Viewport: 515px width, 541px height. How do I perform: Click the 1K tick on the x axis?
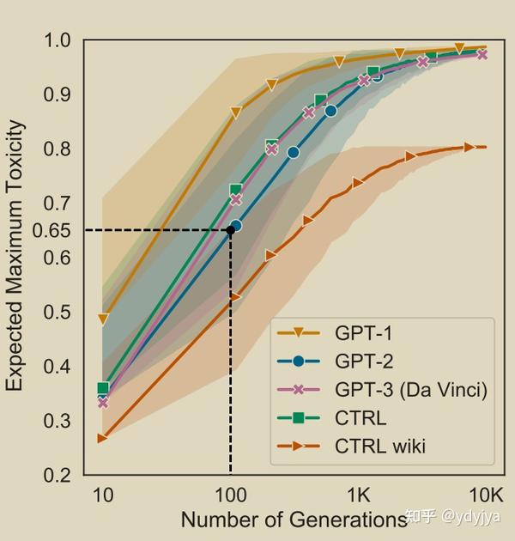[358, 495]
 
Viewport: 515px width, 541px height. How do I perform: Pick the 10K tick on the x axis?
[486, 495]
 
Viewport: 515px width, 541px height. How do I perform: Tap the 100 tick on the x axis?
[230, 495]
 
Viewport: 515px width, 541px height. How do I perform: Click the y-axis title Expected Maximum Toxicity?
[15, 256]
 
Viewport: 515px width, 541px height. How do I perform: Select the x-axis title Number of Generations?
[293, 520]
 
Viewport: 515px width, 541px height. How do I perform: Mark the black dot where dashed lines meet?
[230, 230]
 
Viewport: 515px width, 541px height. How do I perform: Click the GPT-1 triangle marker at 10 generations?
[103, 319]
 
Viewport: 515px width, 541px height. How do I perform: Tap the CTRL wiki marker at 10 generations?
[103, 438]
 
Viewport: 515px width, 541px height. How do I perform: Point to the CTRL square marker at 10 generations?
[103, 388]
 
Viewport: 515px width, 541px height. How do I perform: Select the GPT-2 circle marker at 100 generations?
[236, 226]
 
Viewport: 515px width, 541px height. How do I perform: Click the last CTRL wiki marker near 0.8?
[470, 147]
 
